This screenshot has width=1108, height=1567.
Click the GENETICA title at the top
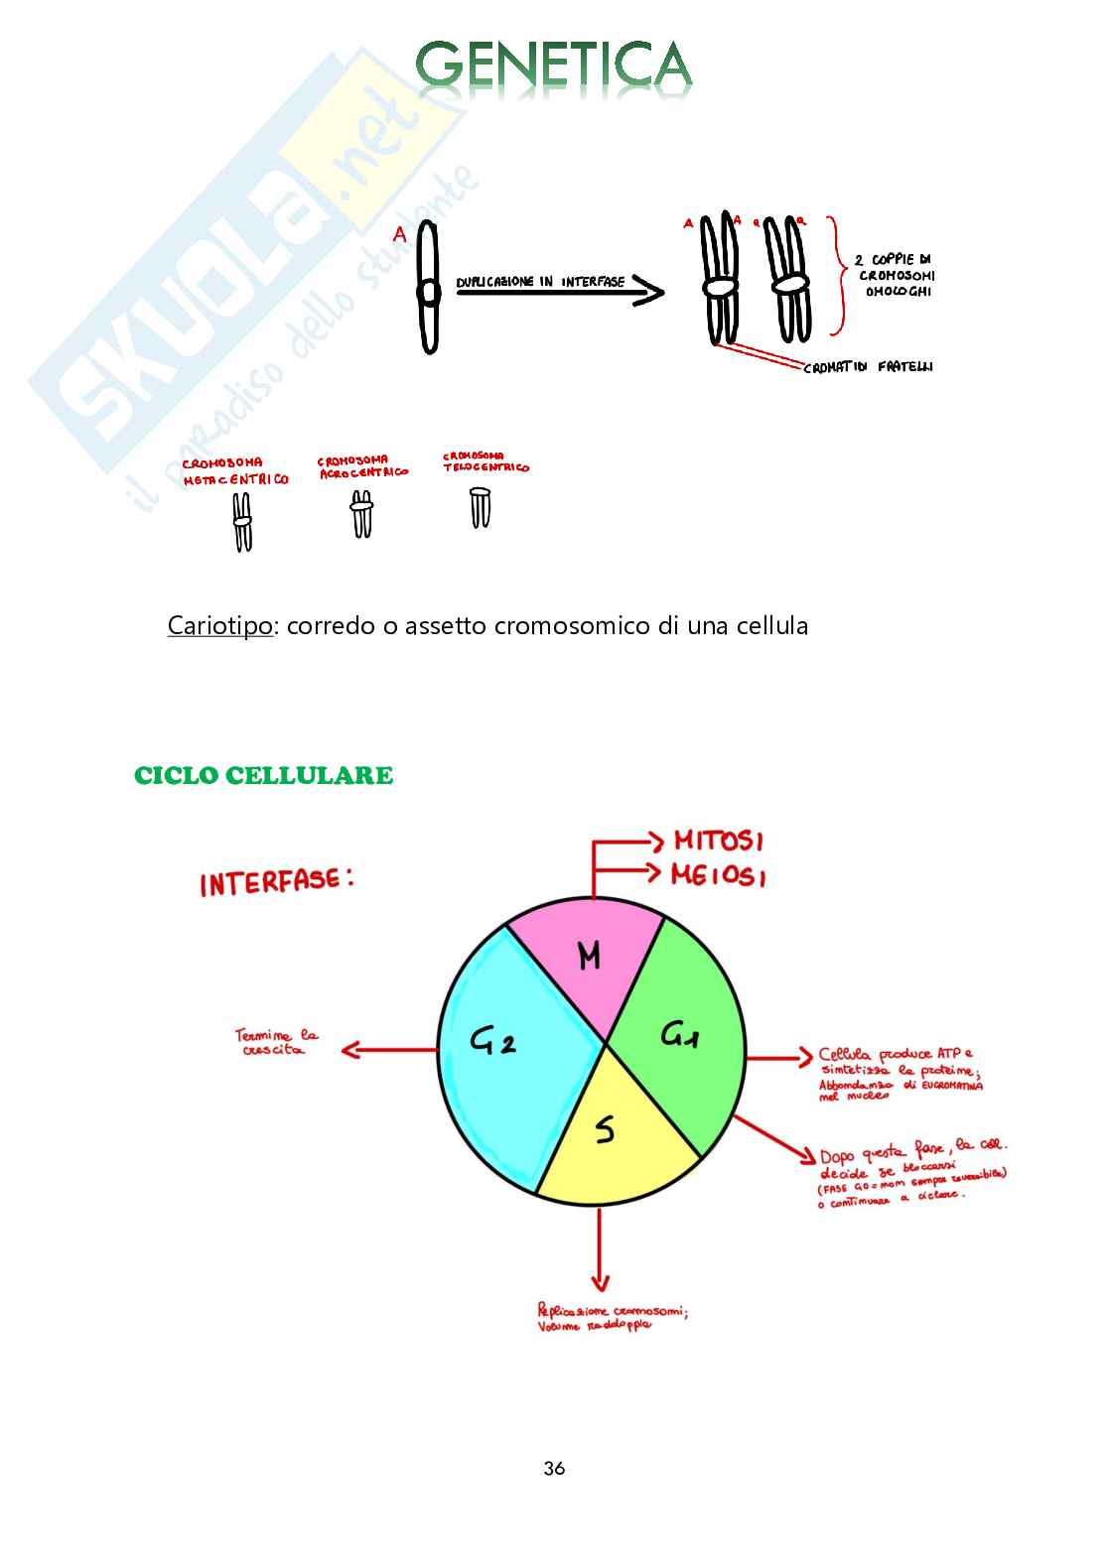(x=553, y=65)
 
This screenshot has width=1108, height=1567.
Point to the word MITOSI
(x=718, y=842)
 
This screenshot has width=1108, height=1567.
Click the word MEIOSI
(x=718, y=875)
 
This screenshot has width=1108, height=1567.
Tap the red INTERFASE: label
(x=277, y=881)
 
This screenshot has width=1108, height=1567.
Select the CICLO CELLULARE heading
(x=263, y=775)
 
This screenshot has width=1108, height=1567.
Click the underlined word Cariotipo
(x=219, y=625)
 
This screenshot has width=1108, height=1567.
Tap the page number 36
(x=554, y=1468)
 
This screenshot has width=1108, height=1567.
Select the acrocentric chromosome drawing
(x=361, y=516)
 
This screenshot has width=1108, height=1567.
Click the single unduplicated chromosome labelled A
(x=428, y=289)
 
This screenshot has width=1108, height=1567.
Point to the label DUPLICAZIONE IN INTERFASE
(x=540, y=282)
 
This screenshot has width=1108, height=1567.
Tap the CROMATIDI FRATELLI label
(x=868, y=366)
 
